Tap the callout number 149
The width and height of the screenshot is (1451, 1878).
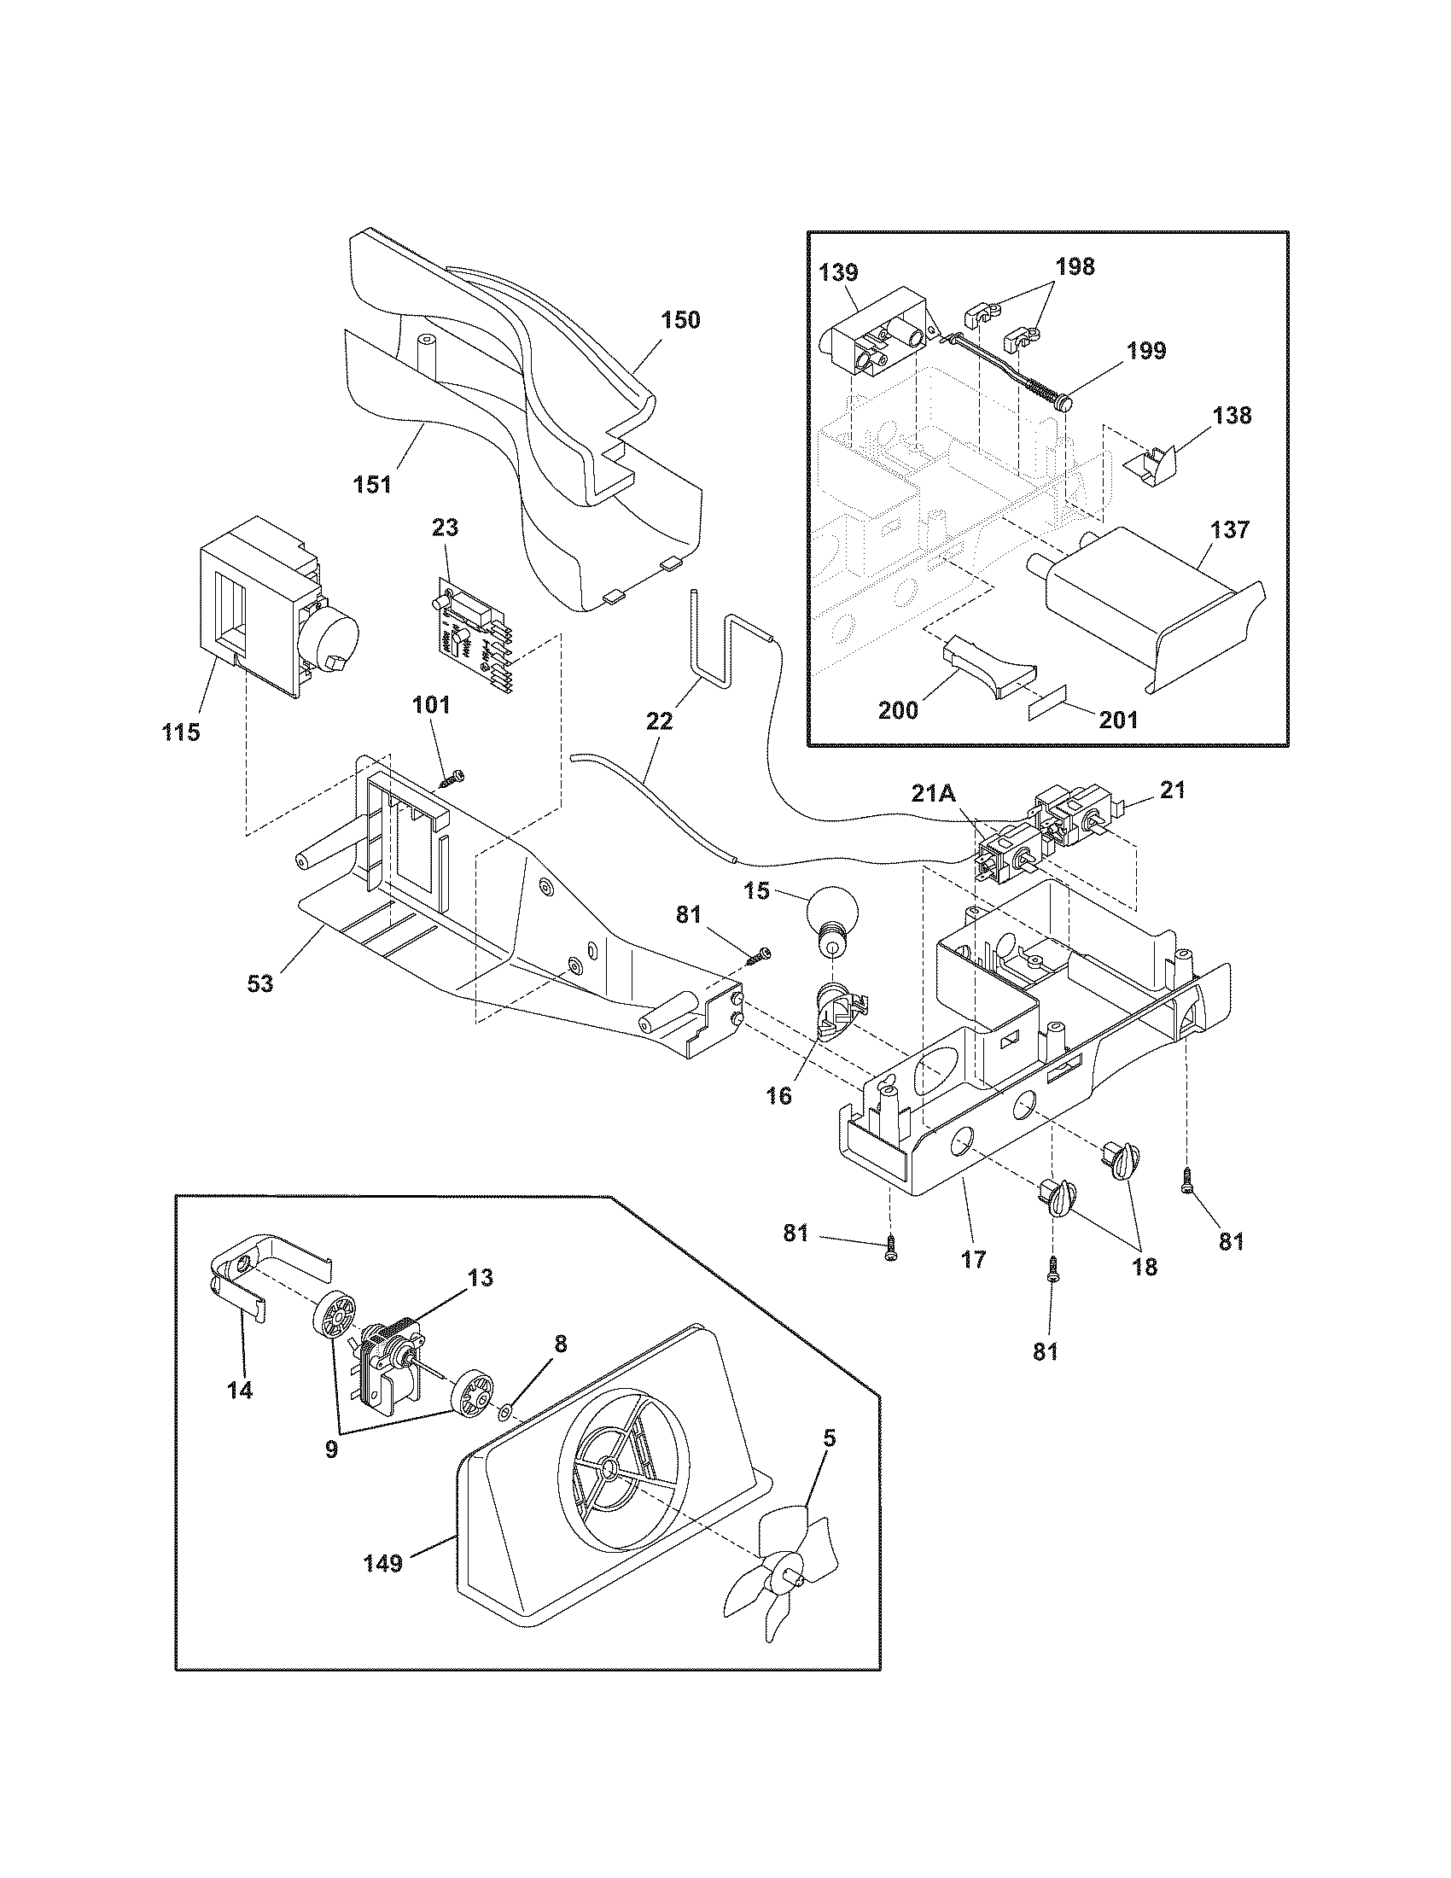382,1563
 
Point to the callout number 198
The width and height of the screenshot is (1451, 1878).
1075,266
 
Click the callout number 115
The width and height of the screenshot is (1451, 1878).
181,732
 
